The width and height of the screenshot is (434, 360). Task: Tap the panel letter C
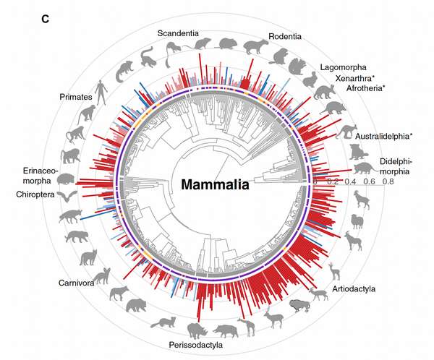tap(45, 19)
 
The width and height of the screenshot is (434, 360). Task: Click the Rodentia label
tap(285, 36)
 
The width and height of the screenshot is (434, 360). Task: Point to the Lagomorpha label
tap(344, 67)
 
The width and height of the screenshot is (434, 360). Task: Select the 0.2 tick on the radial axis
tap(332, 183)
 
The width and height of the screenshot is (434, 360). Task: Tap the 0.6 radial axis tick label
tap(369, 183)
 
